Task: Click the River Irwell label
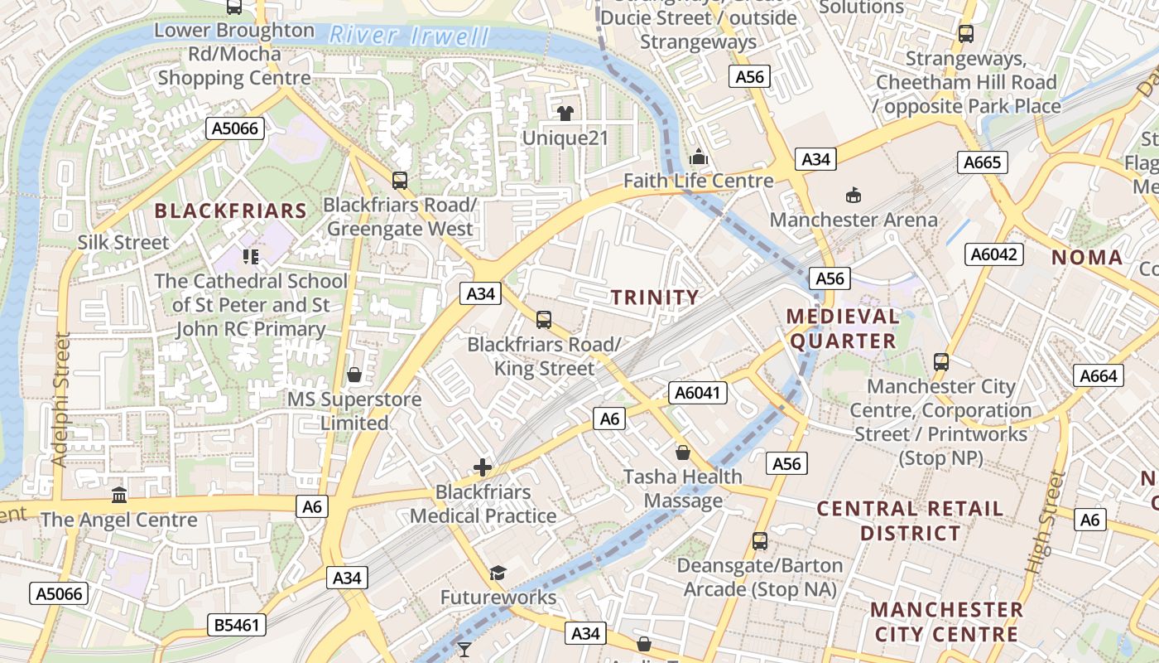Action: (409, 36)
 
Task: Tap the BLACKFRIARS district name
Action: (231, 211)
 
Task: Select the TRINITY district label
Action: (655, 297)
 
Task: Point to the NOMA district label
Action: (1087, 258)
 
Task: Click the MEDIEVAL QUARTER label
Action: (843, 328)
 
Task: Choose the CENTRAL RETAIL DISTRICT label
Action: (910, 520)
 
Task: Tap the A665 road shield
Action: (983, 162)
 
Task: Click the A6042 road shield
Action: (993, 254)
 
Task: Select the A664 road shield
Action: (1099, 375)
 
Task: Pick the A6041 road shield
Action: (697, 393)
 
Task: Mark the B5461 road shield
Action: (237, 625)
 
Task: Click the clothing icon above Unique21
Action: (566, 113)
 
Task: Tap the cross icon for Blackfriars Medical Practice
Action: (483, 467)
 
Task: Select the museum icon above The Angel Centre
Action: (119, 496)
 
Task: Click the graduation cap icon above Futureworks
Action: (498, 573)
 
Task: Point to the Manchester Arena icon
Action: (853, 196)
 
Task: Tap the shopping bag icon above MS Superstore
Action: (354, 375)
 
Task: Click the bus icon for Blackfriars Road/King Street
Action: (544, 319)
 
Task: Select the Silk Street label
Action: (123, 243)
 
